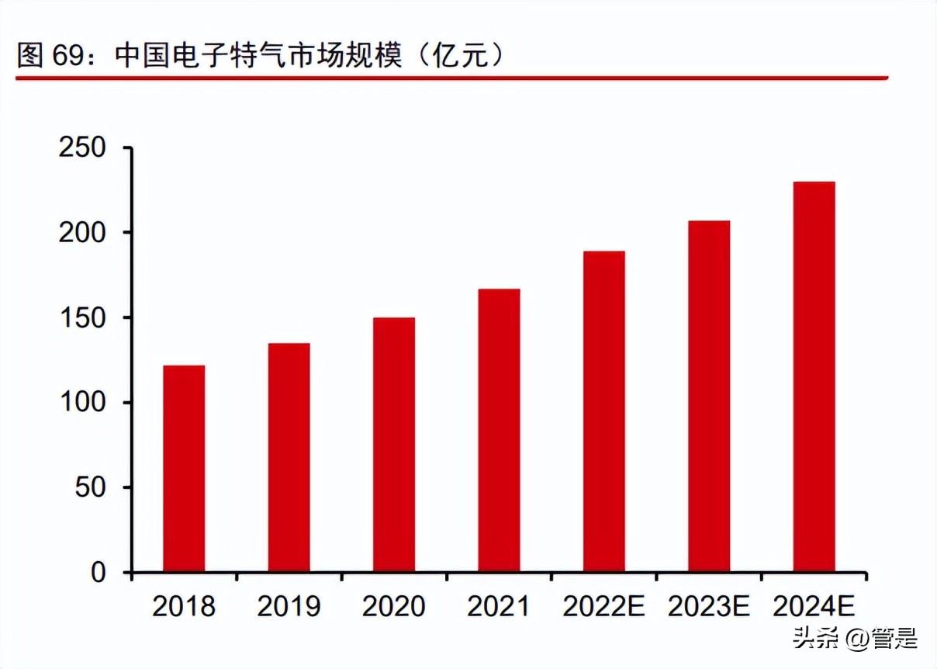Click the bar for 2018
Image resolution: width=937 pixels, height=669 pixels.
coord(184,469)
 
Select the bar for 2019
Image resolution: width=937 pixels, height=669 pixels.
coord(289,458)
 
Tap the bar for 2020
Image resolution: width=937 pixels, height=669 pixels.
coord(393,445)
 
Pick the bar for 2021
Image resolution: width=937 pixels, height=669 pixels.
coord(499,431)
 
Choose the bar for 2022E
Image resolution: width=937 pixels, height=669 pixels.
coord(603,411)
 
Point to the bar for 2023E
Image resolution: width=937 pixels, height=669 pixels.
coord(709,397)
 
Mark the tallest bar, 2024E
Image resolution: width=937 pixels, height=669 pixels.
coord(814,377)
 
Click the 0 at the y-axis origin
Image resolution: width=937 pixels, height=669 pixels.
coord(98,573)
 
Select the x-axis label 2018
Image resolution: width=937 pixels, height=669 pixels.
coord(184,606)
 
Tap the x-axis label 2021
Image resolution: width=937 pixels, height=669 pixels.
coord(499,606)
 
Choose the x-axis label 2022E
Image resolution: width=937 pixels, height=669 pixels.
coord(603,606)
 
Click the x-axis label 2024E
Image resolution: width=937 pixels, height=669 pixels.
coord(814,606)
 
